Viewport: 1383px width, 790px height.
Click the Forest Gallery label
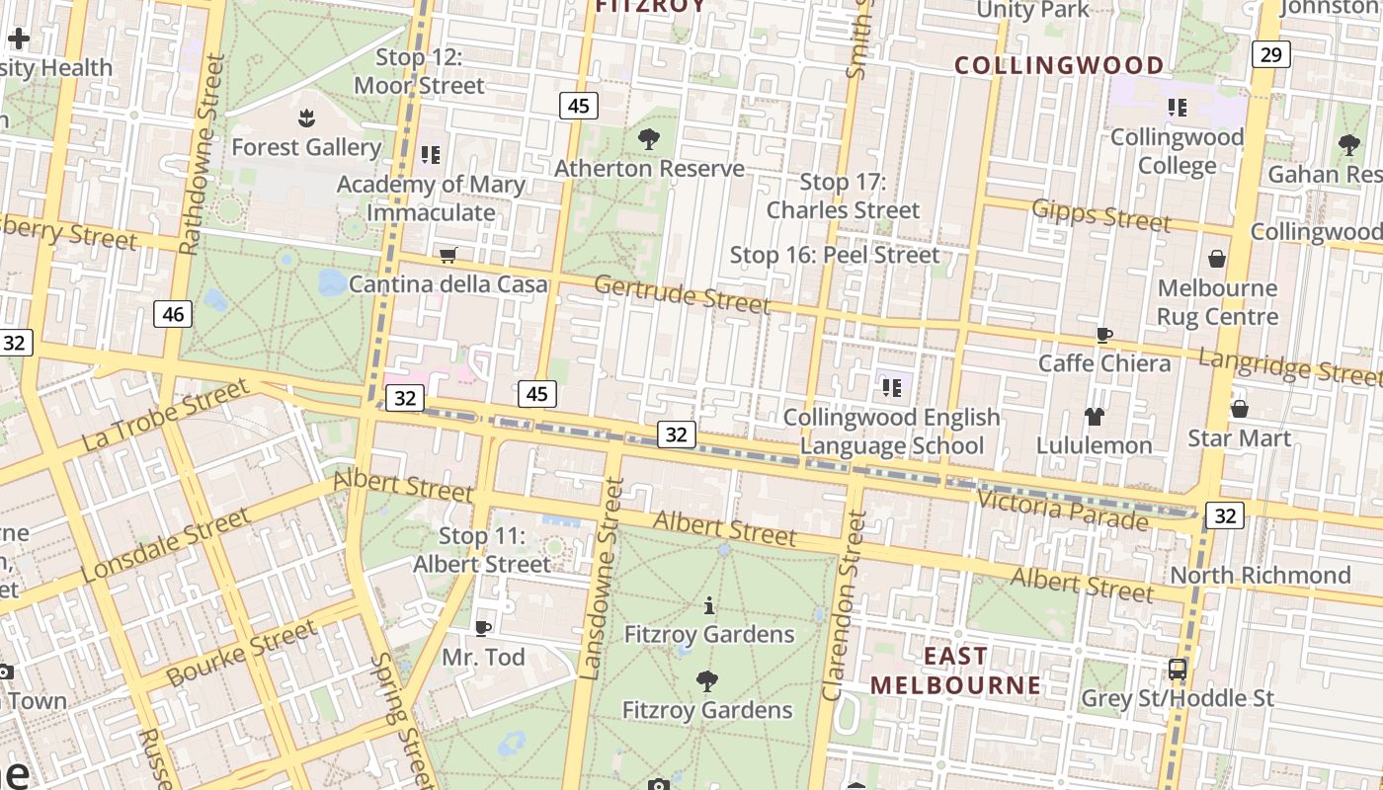306,147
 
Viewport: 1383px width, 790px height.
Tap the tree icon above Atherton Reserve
649,139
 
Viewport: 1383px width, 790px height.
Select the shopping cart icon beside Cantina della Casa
448,256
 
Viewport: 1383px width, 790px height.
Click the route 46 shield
173,314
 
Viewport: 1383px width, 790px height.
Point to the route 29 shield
1270,54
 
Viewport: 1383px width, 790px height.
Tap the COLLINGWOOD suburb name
1059,66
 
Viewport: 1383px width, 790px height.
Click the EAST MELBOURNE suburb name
955,671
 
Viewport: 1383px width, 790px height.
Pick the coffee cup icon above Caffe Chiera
1104,336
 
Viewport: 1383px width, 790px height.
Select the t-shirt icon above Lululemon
1094,417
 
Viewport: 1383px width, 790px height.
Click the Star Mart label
1239,437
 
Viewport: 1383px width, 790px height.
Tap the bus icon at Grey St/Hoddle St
1178,670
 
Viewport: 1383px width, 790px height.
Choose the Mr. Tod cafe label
483,657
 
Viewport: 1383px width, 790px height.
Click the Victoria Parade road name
1062,510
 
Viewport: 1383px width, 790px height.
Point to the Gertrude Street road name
682,294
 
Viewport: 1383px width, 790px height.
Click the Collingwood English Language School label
892,432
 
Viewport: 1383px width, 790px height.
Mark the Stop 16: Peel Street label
835,255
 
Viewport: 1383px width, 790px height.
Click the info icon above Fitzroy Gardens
708,605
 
